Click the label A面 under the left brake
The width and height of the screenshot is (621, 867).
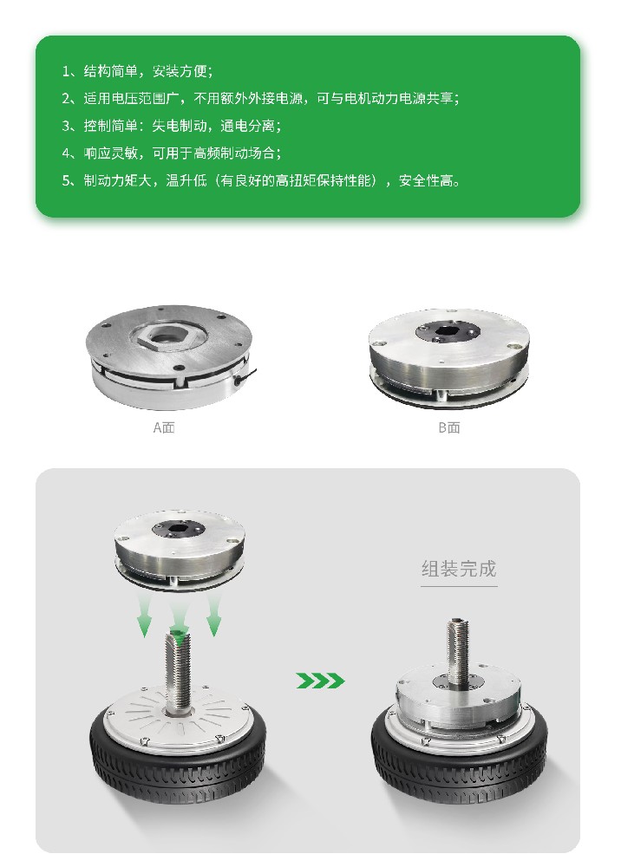click(x=164, y=427)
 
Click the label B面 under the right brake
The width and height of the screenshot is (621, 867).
click(x=449, y=427)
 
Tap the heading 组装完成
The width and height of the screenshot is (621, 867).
click(x=459, y=569)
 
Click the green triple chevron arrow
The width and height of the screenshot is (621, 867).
click(x=320, y=681)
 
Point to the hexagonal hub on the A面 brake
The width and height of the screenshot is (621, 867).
click(x=167, y=336)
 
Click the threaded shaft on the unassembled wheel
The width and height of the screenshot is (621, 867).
click(x=177, y=674)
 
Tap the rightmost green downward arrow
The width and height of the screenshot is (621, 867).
click(x=214, y=615)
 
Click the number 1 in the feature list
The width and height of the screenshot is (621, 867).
click(x=66, y=71)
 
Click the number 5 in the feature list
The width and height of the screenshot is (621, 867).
click(x=66, y=181)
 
